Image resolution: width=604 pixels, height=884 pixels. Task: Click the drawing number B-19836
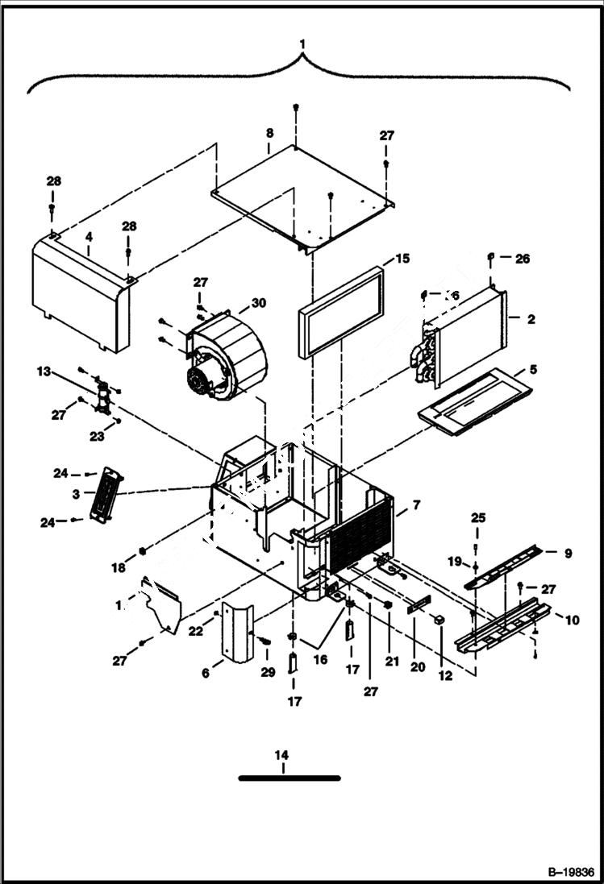click(x=570, y=872)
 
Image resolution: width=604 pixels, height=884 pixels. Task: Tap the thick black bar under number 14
click(x=290, y=778)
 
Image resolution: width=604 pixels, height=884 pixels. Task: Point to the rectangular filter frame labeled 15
click(x=341, y=312)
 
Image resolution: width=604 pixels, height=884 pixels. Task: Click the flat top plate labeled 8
click(x=302, y=197)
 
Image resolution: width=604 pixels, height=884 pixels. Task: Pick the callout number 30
click(x=258, y=303)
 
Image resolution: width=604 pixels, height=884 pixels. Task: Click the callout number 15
click(x=402, y=259)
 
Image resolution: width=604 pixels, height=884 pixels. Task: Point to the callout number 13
click(x=43, y=371)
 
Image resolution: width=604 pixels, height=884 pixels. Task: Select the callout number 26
click(x=523, y=259)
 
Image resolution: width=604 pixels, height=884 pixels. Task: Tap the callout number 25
click(x=478, y=517)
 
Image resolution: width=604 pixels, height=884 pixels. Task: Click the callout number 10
click(x=572, y=620)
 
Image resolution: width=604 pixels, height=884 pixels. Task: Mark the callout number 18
click(x=119, y=568)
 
